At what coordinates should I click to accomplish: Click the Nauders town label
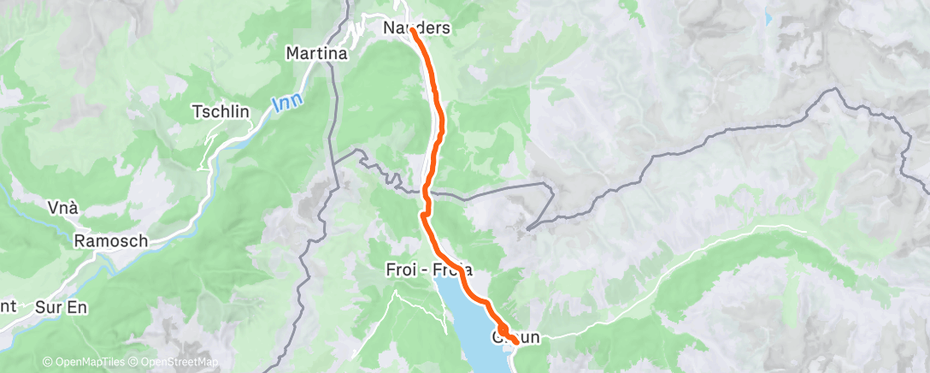pos(416,29)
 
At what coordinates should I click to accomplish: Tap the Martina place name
pos(316,54)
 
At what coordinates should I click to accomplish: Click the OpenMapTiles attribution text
pos(86,361)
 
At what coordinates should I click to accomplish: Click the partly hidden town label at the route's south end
pos(515,338)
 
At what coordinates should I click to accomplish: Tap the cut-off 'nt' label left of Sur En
pos(7,305)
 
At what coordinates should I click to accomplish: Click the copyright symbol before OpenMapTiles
pos(47,361)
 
